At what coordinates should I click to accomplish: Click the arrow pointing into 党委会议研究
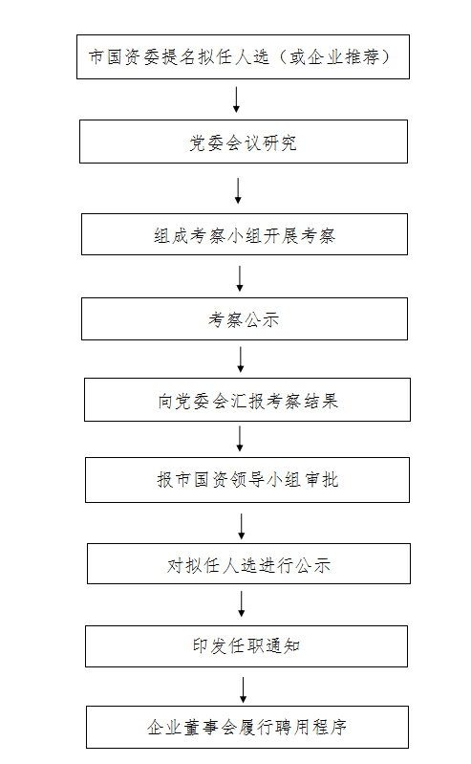[236, 99]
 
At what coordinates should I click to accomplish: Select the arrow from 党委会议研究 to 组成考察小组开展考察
[238, 191]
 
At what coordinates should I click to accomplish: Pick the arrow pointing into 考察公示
[240, 278]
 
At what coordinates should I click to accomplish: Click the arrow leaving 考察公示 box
[241, 360]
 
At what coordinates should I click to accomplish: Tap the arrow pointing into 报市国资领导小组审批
[240, 439]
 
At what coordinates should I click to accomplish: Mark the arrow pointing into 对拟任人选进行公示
[242, 526]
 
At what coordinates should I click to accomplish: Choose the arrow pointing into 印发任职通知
[242, 604]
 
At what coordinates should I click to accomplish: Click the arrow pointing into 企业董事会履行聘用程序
[244, 690]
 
